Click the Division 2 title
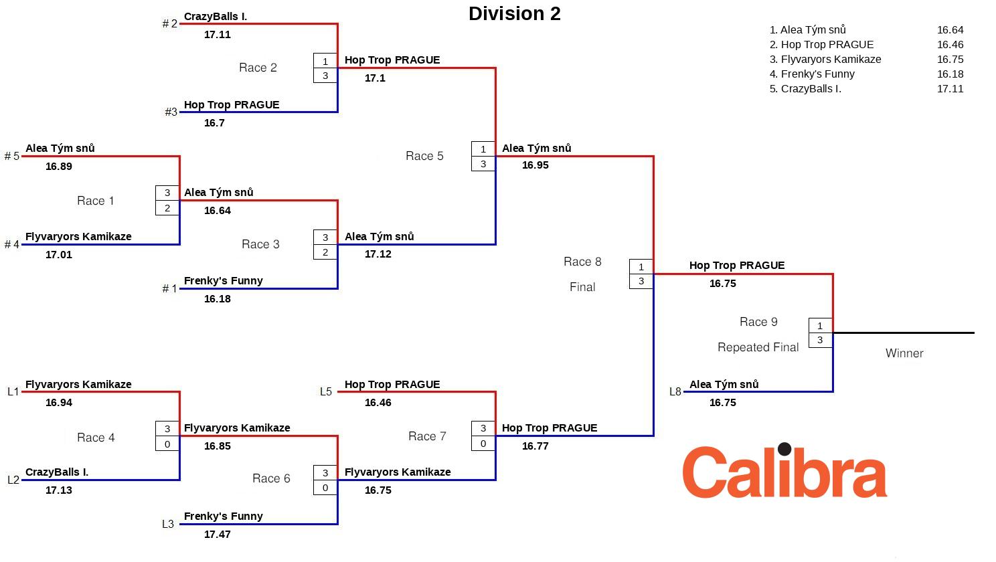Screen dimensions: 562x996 pos(514,14)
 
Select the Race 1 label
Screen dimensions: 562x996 pos(96,201)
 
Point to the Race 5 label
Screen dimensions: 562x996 pos(424,156)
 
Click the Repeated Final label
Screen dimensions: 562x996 pos(758,347)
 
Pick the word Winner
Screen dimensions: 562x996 pos(904,353)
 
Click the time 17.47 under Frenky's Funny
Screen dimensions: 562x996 pos(218,535)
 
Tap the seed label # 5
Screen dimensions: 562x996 pos(12,157)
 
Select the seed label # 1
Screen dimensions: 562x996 pos(169,289)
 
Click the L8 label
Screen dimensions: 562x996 pos(675,391)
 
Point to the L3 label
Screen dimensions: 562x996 pos(168,525)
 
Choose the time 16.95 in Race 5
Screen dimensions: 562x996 pos(535,165)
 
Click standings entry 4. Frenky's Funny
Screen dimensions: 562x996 pos(812,74)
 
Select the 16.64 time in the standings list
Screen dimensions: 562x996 pos(950,30)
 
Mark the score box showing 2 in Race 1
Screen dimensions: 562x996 pos(167,208)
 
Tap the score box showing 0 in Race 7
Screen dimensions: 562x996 pos(483,444)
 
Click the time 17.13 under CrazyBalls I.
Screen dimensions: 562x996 pos(59,490)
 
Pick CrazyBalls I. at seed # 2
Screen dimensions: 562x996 pos(216,17)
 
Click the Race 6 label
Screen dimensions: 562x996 pos(271,478)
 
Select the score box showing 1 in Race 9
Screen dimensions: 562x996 pos(820,326)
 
